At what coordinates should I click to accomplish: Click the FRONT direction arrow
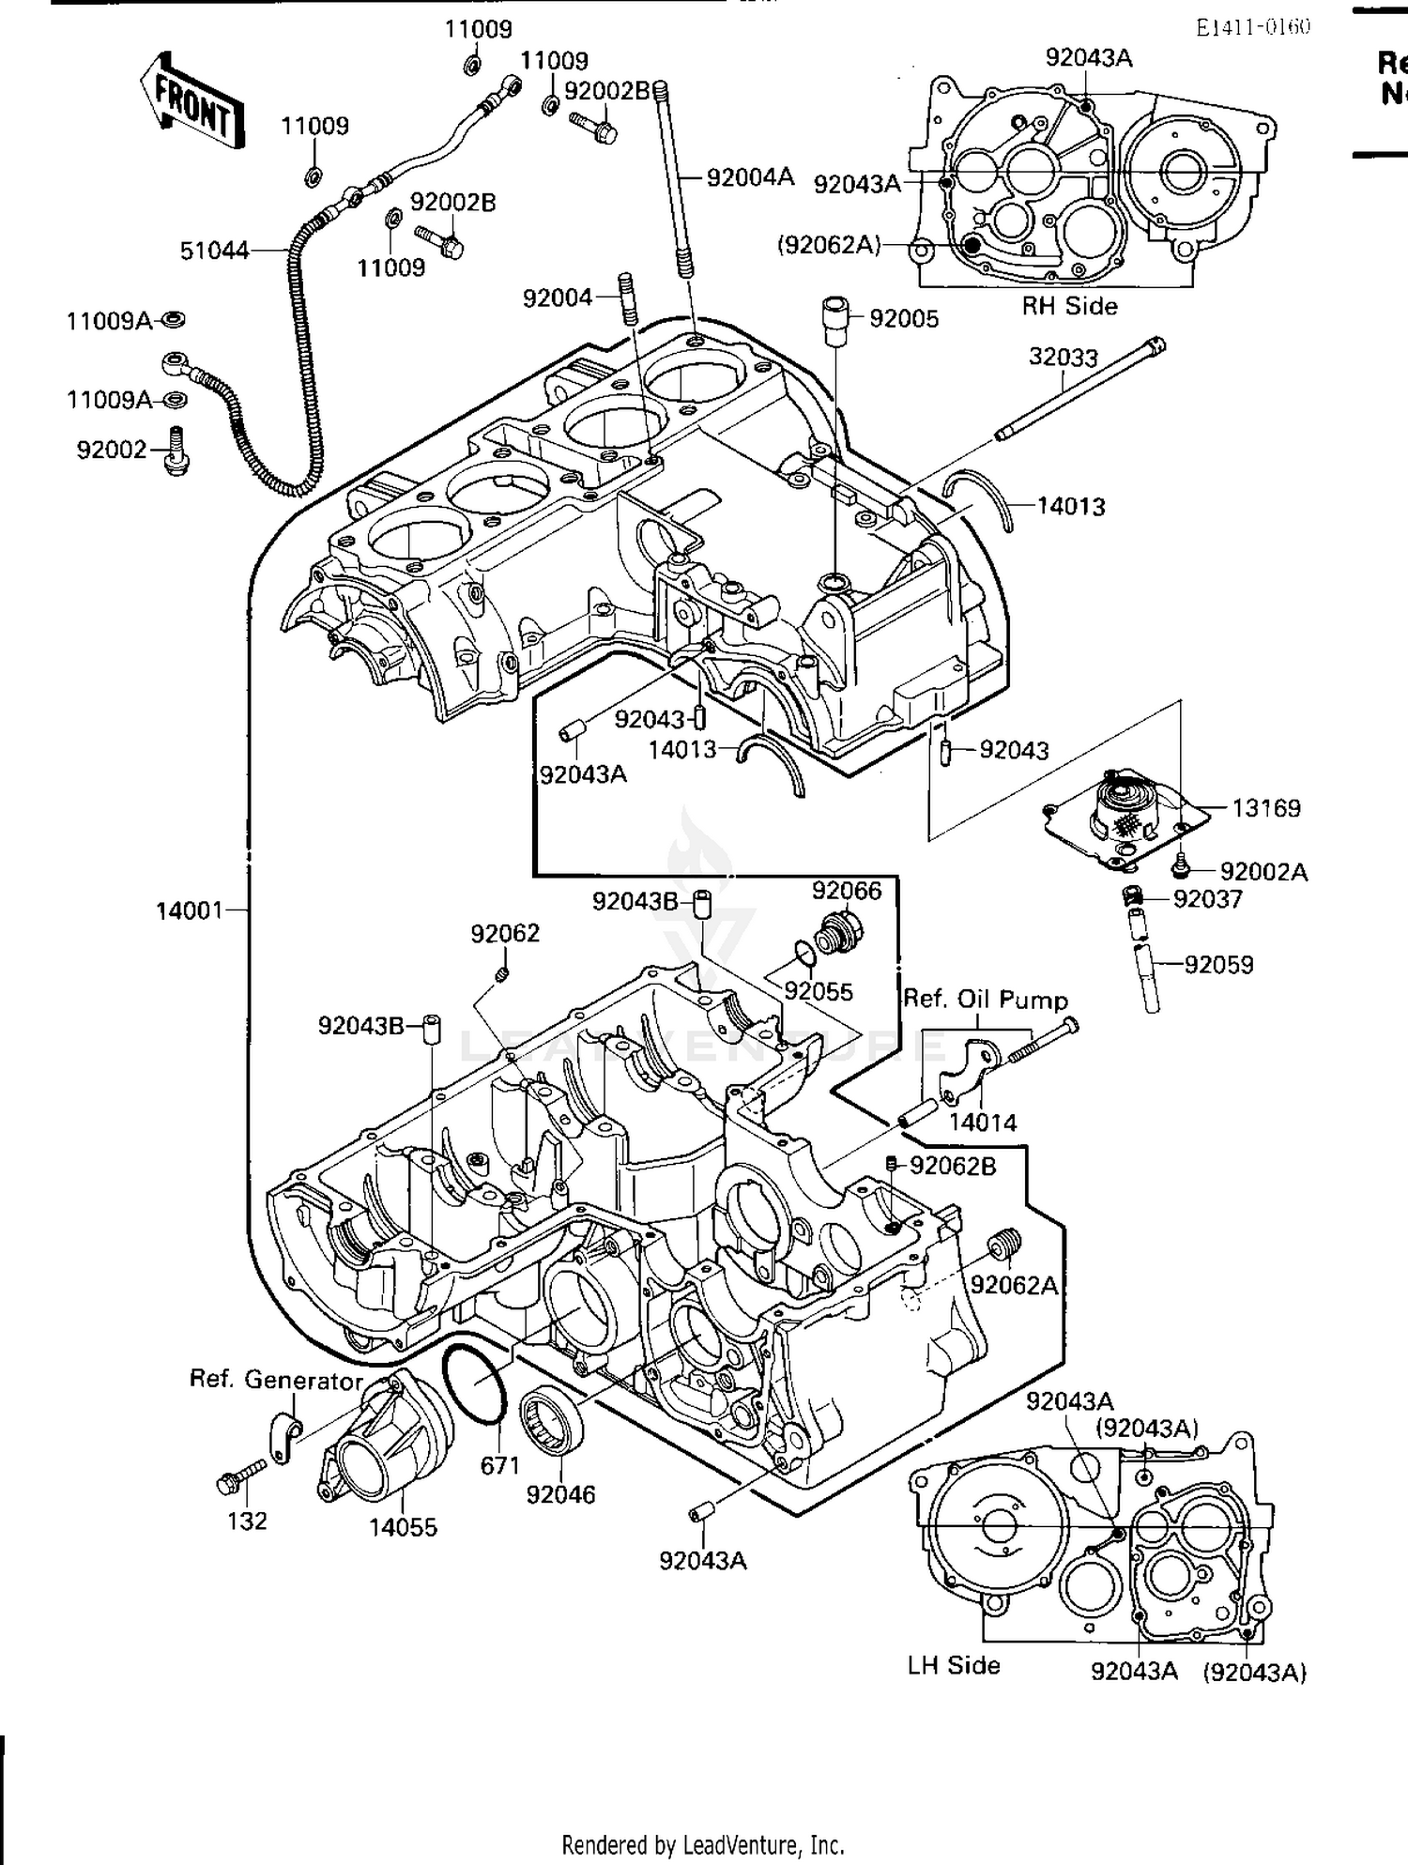[192, 101]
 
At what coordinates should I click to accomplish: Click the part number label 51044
[214, 251]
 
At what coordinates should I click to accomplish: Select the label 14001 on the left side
[189, 910]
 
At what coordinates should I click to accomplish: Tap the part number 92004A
[750, 176]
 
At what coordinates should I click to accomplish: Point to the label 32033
[1063, 358]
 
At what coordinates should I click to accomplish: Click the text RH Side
[1069, 306]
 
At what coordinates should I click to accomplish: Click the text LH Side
[953, 1665]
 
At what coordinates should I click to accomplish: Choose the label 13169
[1265, 808]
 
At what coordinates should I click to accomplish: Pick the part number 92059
[1218, 965]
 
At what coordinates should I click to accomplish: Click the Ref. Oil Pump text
[985, 1000]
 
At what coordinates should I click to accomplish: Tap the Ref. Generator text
[275, 1380]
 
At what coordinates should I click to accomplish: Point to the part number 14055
[403, 1527]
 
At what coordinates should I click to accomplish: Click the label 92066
[847, 890]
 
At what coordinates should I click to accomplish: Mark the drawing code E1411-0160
[1252, 26]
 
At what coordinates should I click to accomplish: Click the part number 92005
[903, 319]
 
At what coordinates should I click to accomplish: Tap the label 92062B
[953, 1166]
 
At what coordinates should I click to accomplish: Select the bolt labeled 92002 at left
[175, 451]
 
